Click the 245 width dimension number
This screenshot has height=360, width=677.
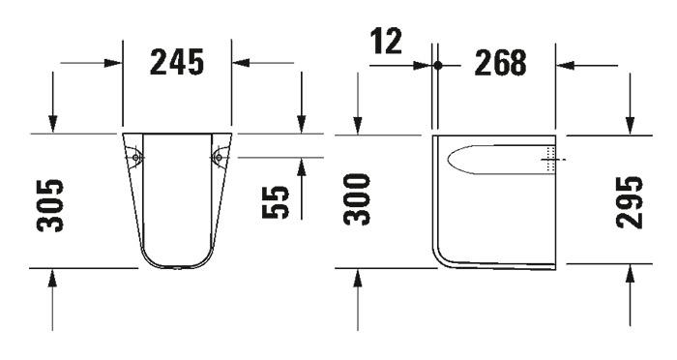pyautogui.click(x=176, y=63)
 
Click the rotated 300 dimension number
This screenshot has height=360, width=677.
pyautogui.click(x=359, y=199)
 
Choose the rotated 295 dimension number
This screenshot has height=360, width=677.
pyautogui.click(x=630, y=201)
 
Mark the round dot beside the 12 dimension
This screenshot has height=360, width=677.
pyautogui.click(x=437, y=66)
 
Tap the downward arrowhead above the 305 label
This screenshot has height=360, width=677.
pyautogui.click(x=52, y=125)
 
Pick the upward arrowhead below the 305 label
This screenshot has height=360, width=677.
pyautogui.click(x=52, y=278)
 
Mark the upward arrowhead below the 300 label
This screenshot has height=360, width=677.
pyautogui.click(x=359, y=278)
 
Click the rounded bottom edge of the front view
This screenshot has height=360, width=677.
pyautogui.click(x=176, y=266)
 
